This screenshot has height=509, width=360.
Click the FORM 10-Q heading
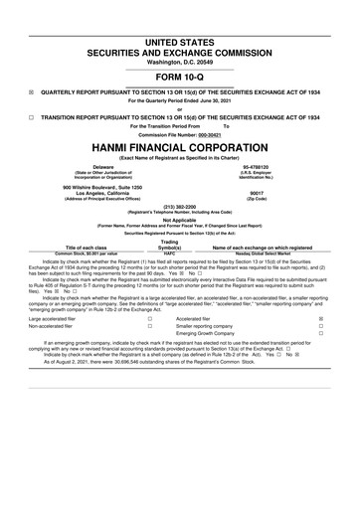point(179,75)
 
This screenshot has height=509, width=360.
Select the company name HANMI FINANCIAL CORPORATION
point(179,144)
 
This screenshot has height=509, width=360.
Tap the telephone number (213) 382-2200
point(179,207)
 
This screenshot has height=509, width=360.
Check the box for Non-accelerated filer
point(149,326)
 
